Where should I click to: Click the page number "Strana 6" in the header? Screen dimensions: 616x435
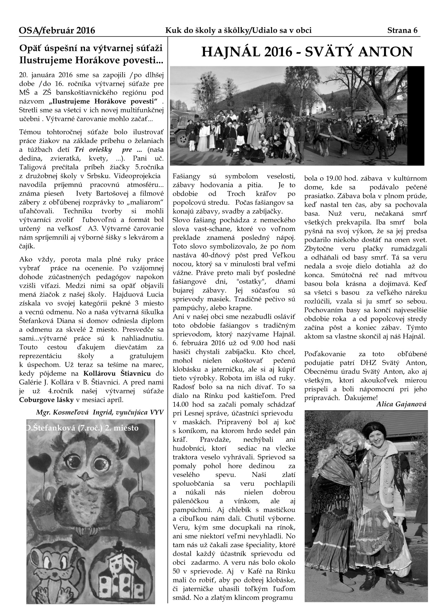(402, 31)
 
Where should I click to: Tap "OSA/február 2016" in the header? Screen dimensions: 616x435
(57, 31)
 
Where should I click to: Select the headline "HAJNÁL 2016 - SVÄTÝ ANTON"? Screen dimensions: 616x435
(307, 52)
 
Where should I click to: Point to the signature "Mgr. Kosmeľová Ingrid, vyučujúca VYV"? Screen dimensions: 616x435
(100, 412)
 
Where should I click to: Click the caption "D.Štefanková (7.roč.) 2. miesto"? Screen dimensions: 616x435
(83, 428)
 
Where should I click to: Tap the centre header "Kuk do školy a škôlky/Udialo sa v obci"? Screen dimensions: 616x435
(238, 31)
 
